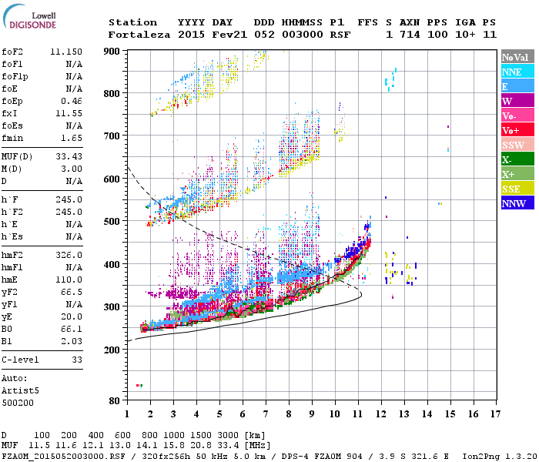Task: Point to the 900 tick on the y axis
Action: (113, 52)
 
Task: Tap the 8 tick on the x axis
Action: (289, 414)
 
